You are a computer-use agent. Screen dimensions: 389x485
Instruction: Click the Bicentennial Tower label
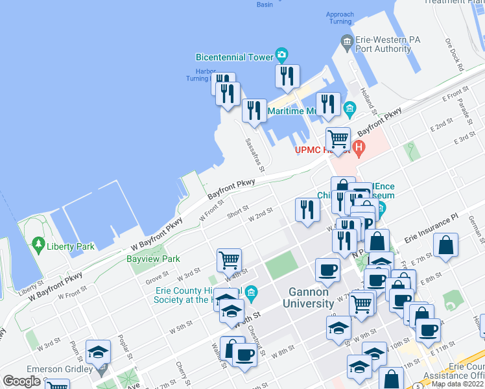pos(235,57)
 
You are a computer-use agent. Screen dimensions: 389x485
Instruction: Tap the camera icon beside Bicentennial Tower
pos(281,54)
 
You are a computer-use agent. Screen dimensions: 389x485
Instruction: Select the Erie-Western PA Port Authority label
pos(388,43)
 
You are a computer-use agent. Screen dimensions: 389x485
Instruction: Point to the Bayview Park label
pos(153,259)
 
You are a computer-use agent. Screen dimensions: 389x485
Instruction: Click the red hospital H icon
pos(359,148)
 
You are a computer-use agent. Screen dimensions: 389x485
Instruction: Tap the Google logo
pos(21,381)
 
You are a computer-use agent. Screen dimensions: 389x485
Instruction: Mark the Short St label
pos(239,213)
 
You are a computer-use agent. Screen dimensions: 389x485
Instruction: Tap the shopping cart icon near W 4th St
pos(229,260)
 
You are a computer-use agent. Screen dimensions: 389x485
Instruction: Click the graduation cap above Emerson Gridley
pos(98,352)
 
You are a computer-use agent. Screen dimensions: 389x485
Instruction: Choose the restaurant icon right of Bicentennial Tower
pos(287,76)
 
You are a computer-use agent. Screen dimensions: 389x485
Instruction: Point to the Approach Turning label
pos(340,18)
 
